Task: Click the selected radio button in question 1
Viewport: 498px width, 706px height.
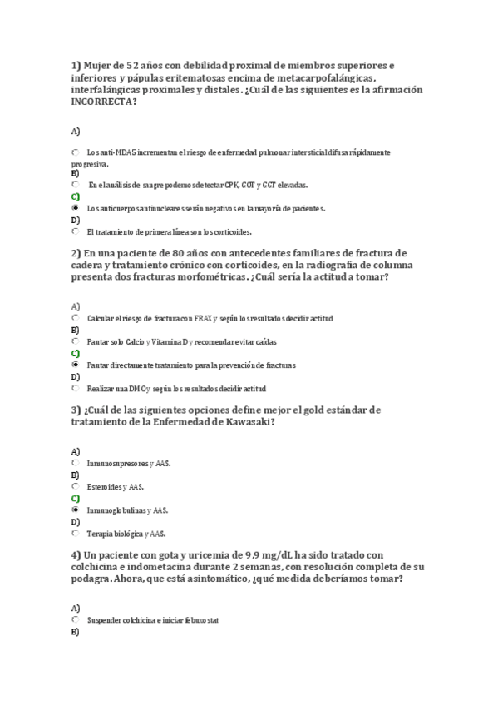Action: coord(76,207)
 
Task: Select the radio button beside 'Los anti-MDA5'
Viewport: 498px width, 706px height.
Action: coord(76,152)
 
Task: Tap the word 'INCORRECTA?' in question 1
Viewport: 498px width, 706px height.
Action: coord(105,102)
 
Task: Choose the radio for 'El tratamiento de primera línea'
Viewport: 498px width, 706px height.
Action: coord(76,231)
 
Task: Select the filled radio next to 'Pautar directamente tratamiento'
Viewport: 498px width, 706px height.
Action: coord(76,365)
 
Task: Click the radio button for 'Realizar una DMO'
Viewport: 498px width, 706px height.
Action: coord(76,388)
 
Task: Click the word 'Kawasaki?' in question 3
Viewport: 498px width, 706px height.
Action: coord(248,422)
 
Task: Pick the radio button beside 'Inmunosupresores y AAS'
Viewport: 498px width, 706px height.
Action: coord(76,462)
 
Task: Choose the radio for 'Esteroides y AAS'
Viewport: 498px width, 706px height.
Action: coord(76,485)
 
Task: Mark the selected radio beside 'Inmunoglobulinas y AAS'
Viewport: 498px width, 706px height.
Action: coord(76,509)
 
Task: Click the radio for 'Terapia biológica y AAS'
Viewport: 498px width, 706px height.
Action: coord(76,533)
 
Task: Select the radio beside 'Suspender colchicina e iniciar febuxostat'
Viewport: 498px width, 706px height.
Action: coord(76,619)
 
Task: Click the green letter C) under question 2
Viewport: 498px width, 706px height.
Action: coord(76,353)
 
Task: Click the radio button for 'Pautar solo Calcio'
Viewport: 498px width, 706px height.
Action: coord(76,341)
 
